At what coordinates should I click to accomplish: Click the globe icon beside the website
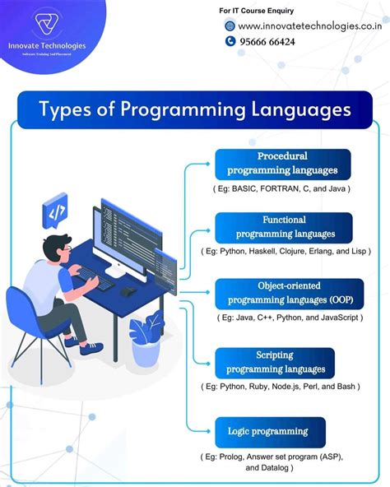point(230,26)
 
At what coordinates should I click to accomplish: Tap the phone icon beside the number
point(230,41)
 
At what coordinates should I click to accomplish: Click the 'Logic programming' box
point(269,431)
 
